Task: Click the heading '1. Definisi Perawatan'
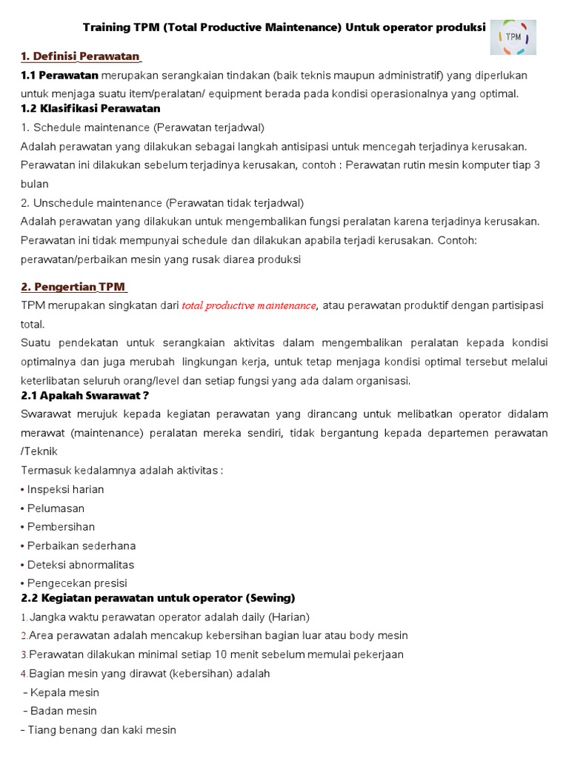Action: (x=80, y=56)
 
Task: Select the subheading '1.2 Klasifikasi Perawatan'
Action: (x=90, y=108)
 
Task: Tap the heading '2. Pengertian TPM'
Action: (x=74, y=287)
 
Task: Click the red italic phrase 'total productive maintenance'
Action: (x=249, y=305)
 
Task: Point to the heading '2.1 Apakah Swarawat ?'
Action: (x=85, y=396)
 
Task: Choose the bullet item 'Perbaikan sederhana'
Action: (x=81, y=546)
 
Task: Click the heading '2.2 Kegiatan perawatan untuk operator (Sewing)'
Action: (x=158, y=597)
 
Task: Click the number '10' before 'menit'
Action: (x=223, y=654)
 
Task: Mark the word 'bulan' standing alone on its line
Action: (x=34, y=184)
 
